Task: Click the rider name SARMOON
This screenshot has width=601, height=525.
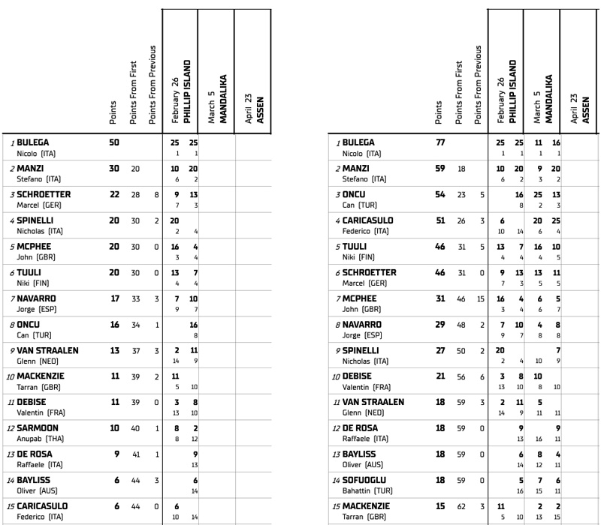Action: click(43, 428)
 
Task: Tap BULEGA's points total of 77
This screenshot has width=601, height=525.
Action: click(442, 142)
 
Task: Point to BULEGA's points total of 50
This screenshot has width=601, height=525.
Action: click(114, 142)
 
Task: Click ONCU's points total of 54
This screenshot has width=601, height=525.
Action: click(442, 194)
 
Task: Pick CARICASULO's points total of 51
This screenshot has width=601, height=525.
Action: click(442, 220)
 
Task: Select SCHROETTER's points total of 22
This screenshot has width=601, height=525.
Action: click(114, 194)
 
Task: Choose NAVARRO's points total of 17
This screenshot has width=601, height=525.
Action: click(114, 298)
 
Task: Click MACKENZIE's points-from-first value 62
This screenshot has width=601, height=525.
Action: click(462, 506)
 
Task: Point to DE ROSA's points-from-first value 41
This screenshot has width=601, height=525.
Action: click(135, 454)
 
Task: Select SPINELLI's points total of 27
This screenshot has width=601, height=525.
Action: click(442, 350)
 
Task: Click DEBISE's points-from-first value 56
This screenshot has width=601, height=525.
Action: click(462, 376)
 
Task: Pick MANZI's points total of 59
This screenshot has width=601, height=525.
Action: click(442, 169)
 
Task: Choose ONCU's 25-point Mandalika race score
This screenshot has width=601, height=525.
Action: click(538, 194)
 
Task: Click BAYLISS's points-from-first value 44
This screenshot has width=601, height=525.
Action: click(135, 481)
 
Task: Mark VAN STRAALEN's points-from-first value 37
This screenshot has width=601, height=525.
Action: click(135, 350)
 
